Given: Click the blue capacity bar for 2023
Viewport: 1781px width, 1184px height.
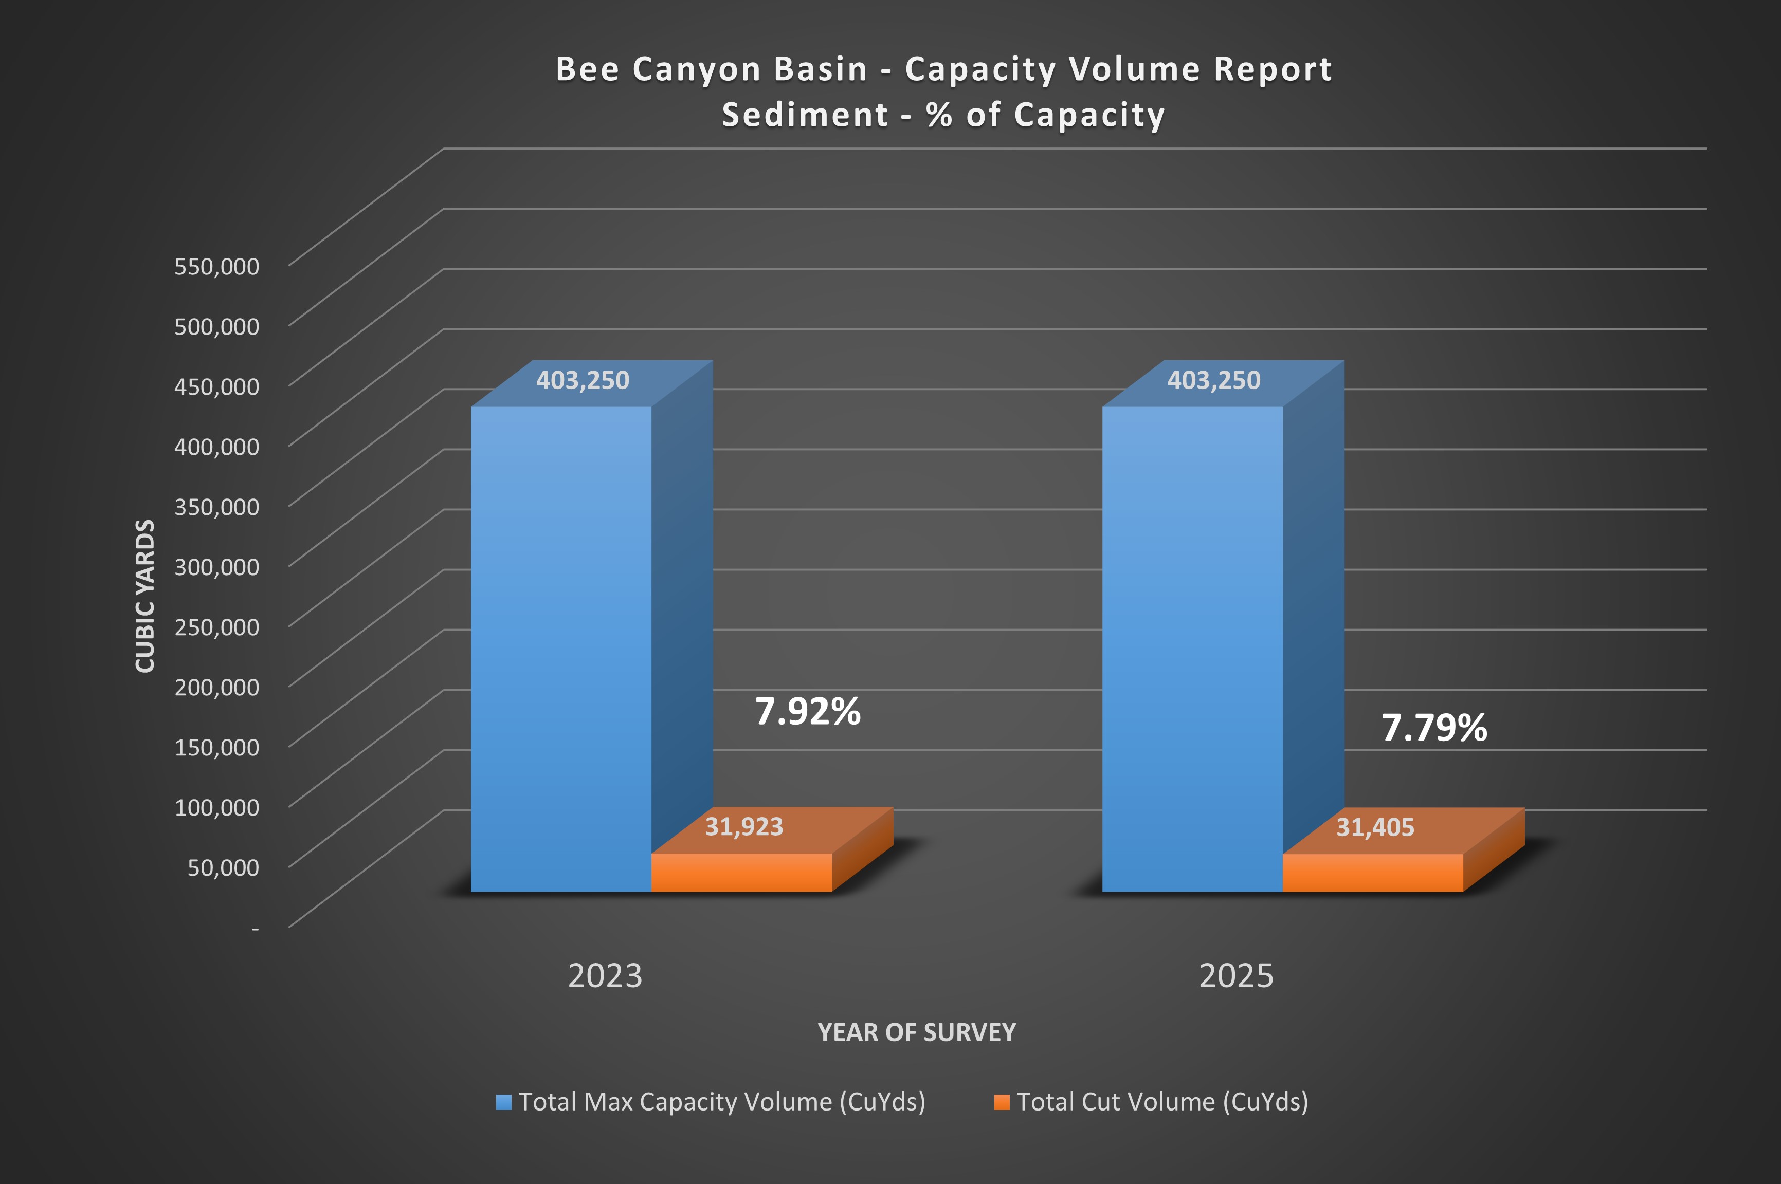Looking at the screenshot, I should click(x=560, y=650).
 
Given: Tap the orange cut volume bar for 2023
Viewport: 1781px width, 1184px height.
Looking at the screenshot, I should click(x=741, y=873).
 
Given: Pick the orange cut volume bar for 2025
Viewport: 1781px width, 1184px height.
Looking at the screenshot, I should click(x=1372, y=873).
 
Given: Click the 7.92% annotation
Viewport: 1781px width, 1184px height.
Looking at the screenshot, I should click(x=807, y=711).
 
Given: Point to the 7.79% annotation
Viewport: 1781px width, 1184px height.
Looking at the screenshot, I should click(x=1433, y=728).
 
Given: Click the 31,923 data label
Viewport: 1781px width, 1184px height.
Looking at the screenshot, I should click(x=744, y=827).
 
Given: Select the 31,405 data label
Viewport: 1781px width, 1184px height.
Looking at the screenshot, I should click(x=1375, y=827).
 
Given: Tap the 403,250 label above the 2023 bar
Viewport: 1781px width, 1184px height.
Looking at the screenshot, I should click(x=583, y=380).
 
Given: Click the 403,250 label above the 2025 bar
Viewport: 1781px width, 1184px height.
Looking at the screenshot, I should click(x=1214, y=380).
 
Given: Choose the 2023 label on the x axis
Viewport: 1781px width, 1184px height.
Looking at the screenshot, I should click(x=605, y=975).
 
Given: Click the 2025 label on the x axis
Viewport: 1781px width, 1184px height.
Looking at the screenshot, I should click(x=1237, y=975).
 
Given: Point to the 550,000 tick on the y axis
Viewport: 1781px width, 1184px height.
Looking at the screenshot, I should click(x=217, y=266).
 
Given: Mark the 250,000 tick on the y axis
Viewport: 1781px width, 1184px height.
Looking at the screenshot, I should click(x=217, y=627).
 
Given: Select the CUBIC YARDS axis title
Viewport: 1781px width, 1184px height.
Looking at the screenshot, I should click(x=145, y=595).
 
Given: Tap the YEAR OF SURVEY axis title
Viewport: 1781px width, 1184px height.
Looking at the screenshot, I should click(x=916, y=1032).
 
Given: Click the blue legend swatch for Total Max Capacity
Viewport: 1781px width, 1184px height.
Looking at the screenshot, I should click(x=503, y=1102).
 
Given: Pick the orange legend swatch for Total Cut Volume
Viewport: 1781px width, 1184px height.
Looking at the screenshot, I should click(x=1002, y=1102).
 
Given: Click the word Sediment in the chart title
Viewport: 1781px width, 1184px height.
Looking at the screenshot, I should click(x=805, y=115).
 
